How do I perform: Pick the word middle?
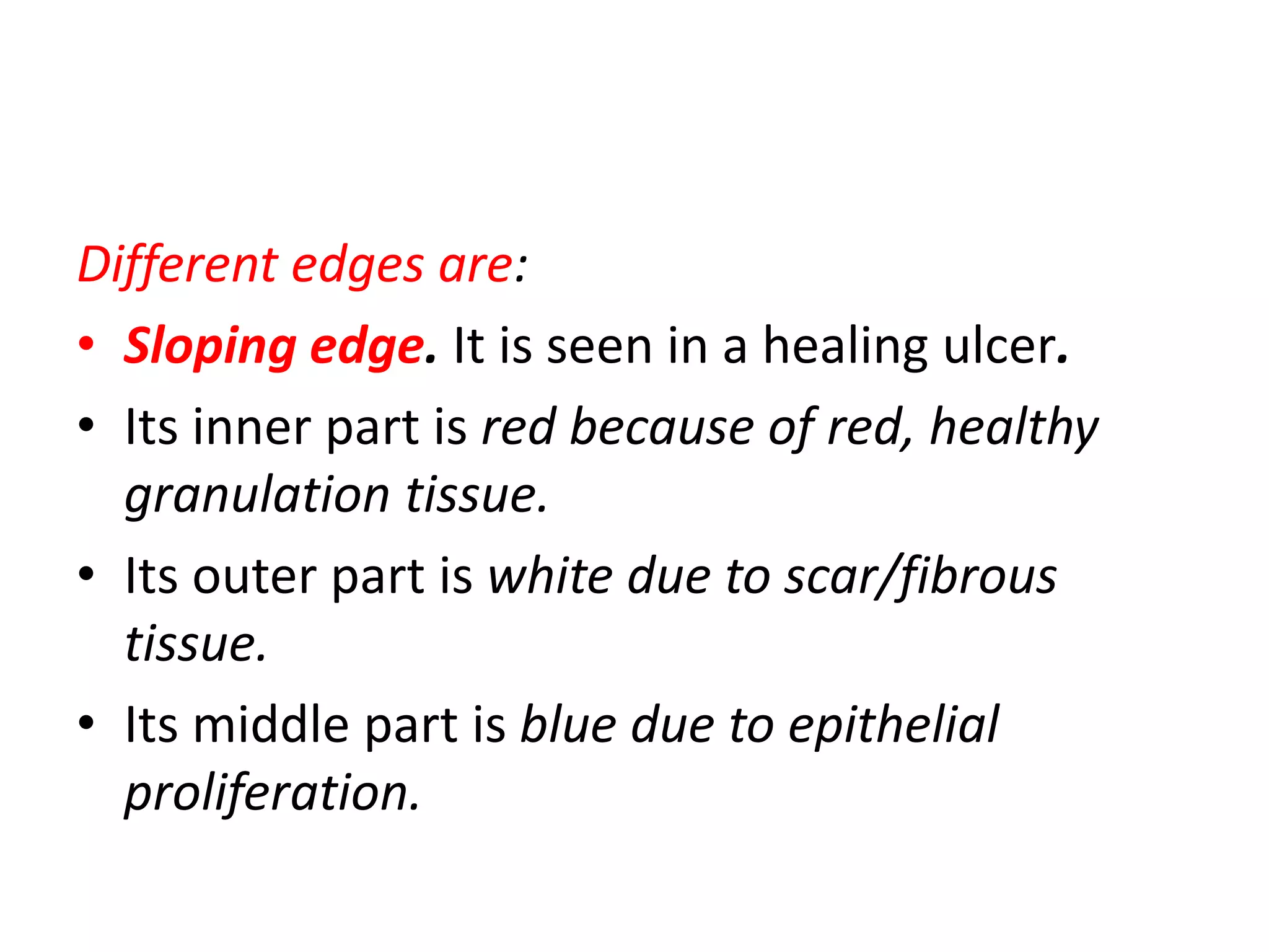coord(271,725)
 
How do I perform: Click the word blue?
coord(568,725)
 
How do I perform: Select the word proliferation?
coord(272,793)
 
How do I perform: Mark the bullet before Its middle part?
coord(86,723)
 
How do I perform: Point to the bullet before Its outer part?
coord(86,574)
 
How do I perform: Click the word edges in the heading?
coord(358,265)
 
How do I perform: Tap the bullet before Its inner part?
coord(86,425)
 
